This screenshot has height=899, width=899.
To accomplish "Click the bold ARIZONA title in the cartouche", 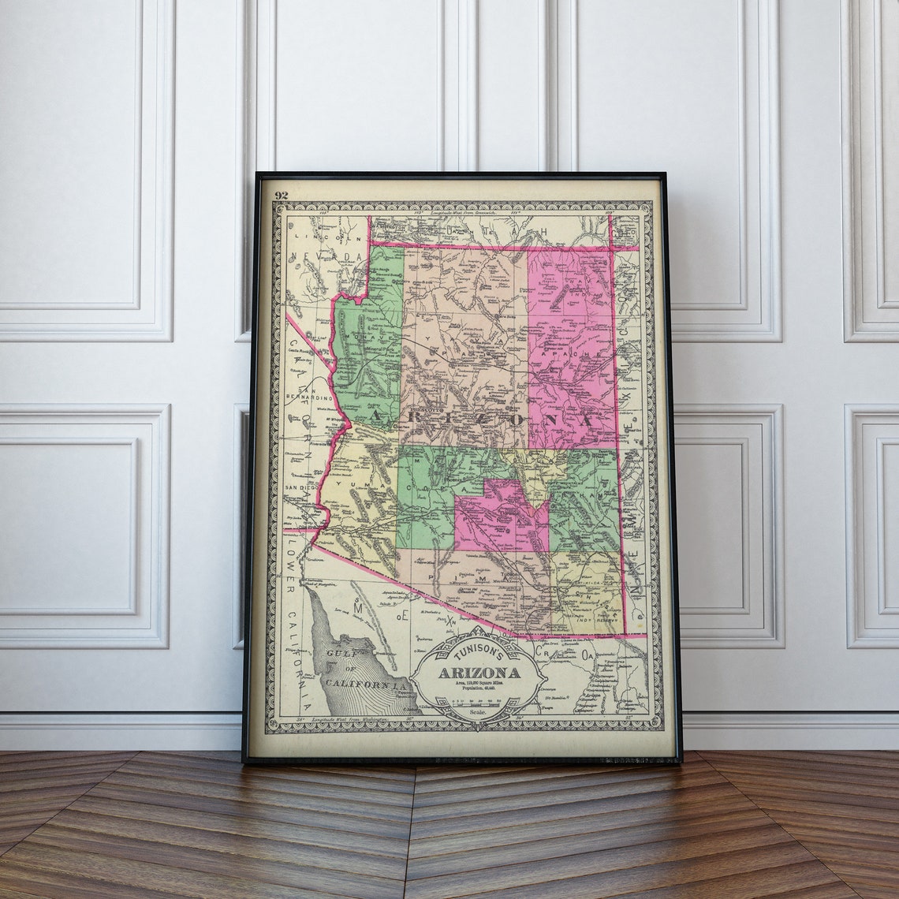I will (479, 673).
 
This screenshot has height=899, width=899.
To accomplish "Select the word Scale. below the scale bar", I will (478, 711).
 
